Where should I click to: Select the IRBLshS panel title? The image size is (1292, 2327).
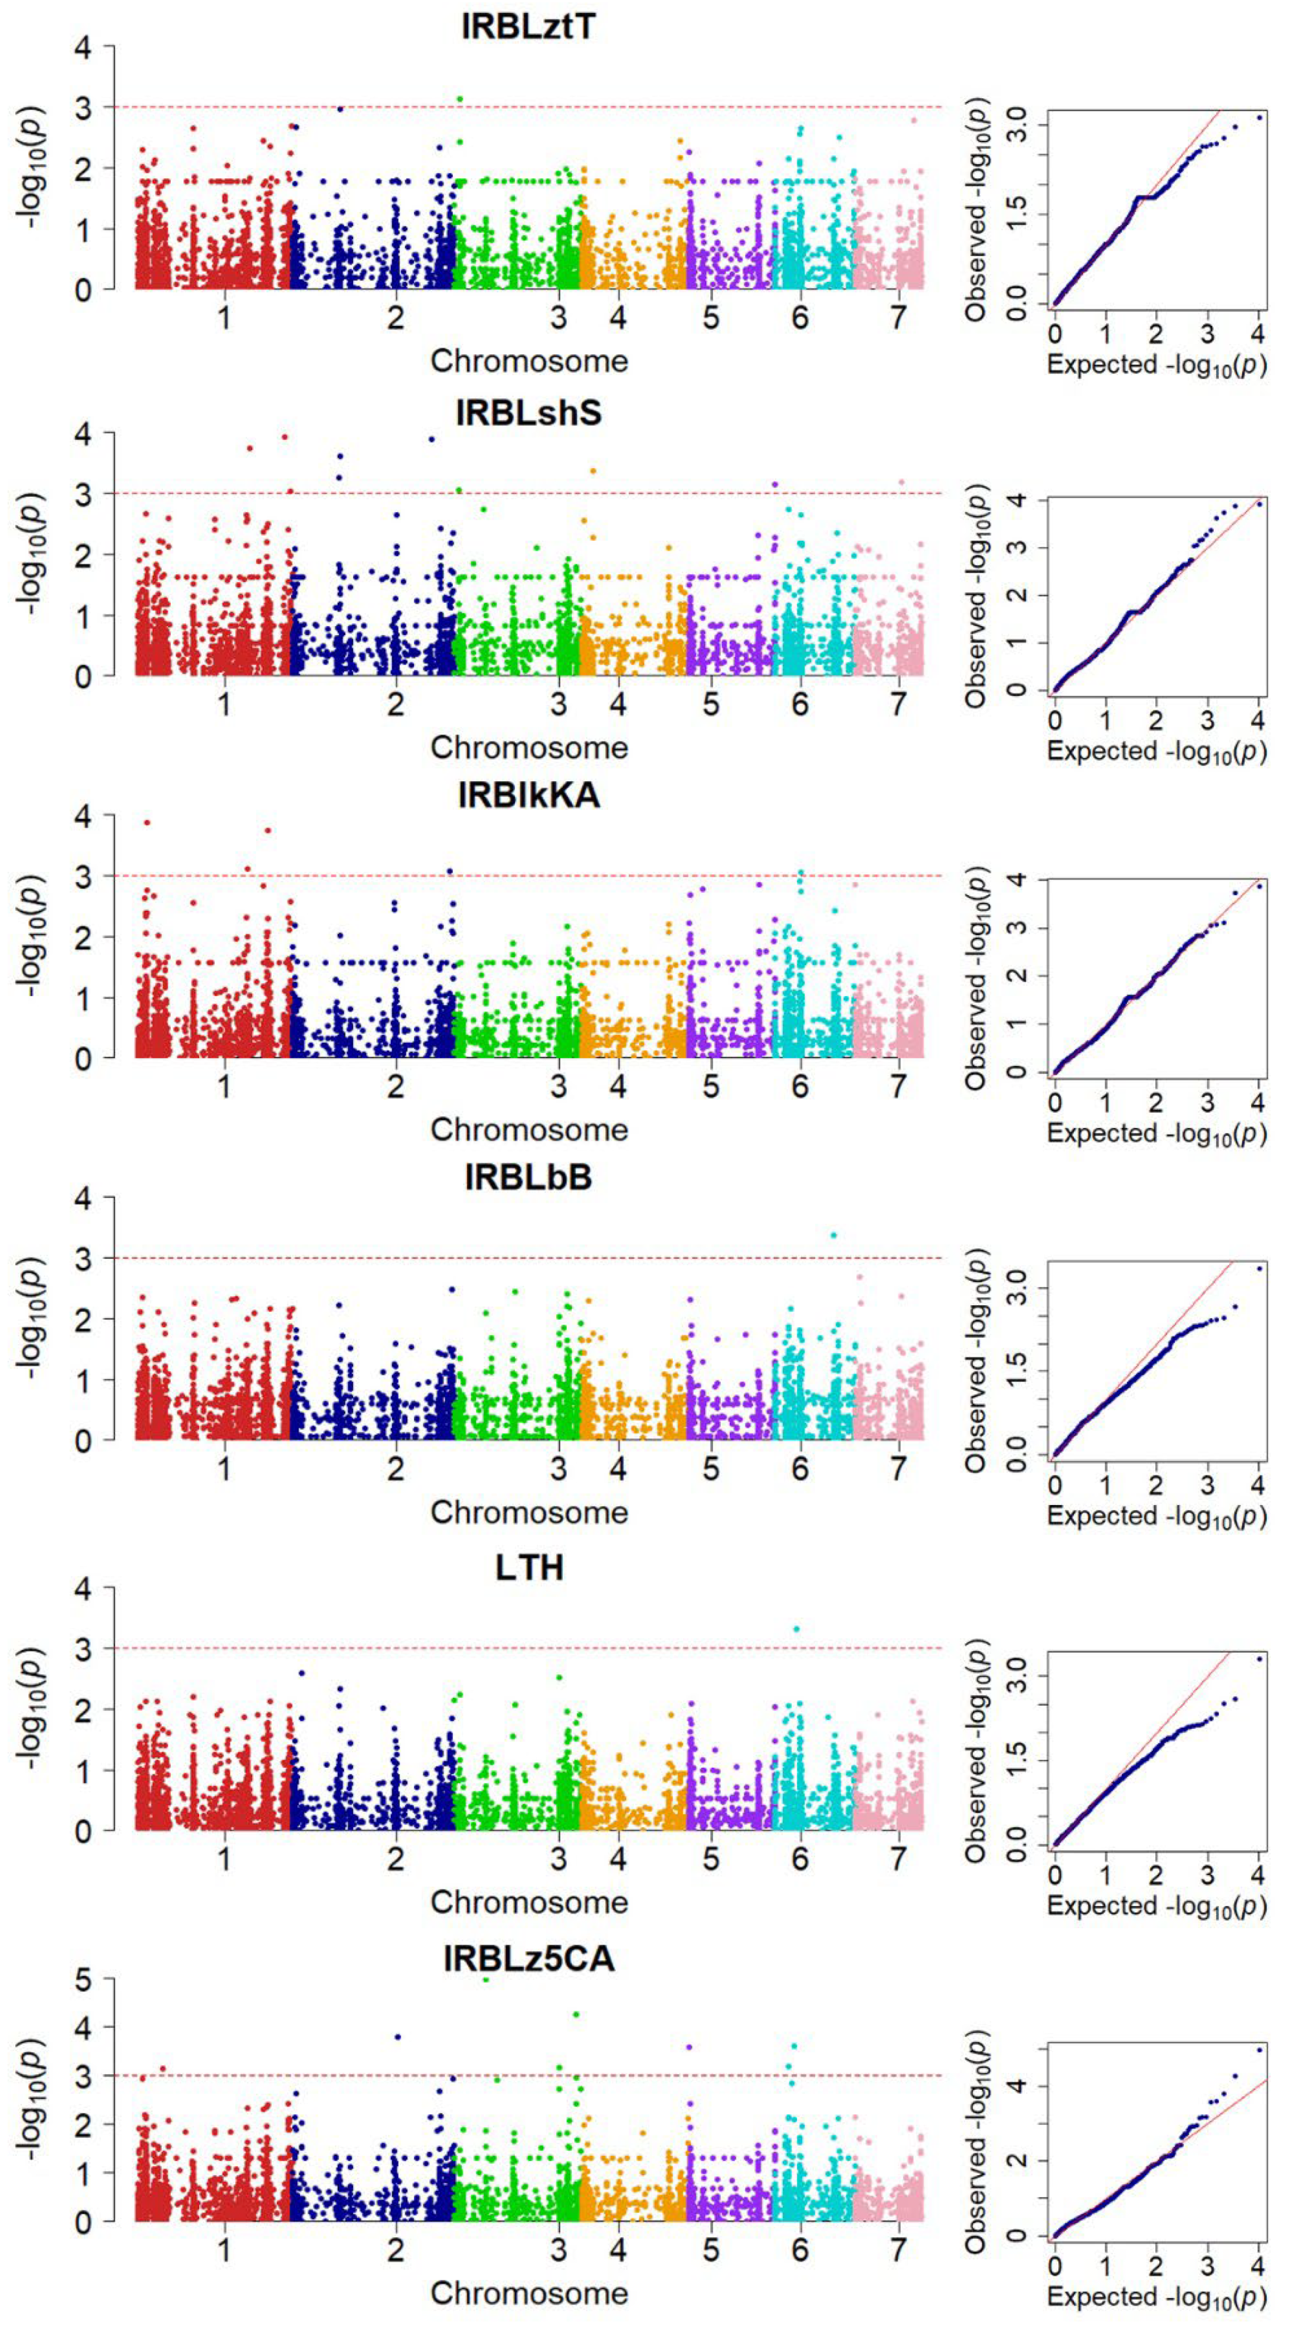tap(528, 413)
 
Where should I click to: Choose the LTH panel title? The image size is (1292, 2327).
tap(529, 1568)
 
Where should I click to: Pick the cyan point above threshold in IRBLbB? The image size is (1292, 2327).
tap(833, 1235)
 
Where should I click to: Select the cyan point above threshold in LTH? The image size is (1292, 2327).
tap(796, 1629)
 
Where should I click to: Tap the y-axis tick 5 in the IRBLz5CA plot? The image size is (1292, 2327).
tap(83, 1980)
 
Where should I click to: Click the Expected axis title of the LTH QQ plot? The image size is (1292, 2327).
tap(1156, 1907)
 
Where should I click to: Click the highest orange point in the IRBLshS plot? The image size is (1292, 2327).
tap(593, 470)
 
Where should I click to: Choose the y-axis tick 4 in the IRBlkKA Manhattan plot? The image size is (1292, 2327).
tap(83, 816)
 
